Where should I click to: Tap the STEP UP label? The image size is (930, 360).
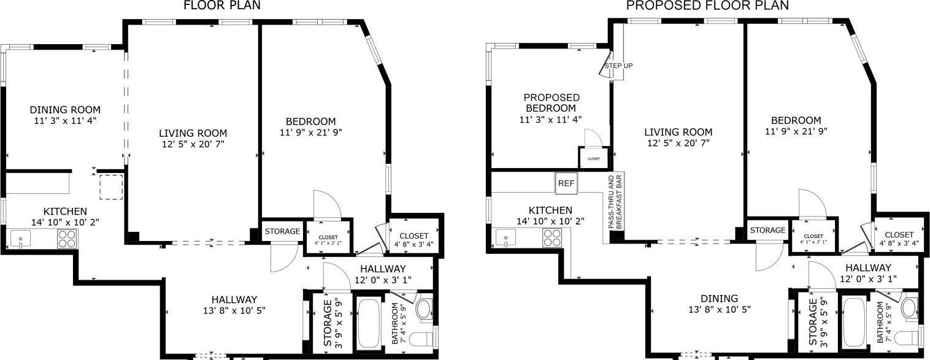coord(618,66)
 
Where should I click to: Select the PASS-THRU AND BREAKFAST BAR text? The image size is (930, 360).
coord(615,203)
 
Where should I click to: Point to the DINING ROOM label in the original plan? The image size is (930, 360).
coord(65,115)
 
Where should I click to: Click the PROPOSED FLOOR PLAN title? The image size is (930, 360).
coord(707,6)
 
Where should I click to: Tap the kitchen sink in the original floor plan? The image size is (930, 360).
coord(21,237)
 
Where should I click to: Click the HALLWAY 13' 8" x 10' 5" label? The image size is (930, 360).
coord(234,304)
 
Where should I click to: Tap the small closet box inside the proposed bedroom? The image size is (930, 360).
coord(594,158)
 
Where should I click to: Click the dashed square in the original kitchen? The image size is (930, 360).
coord(111,186)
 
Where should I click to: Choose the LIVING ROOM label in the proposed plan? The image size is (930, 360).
coord(678,138)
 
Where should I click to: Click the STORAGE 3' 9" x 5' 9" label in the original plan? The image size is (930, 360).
coord(332,323)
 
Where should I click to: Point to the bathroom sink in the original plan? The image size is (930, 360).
coord(424,309)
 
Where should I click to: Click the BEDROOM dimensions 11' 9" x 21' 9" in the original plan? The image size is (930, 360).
coord(307,132)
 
